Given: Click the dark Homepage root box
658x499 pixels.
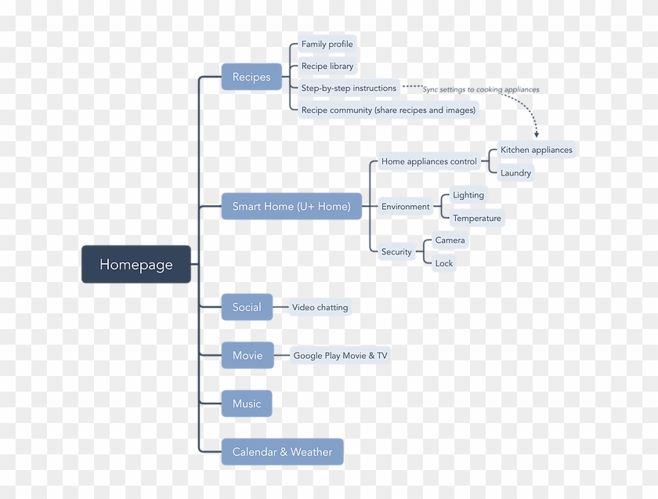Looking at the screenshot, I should (136, 264).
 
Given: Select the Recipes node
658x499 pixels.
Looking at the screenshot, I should (251, 77).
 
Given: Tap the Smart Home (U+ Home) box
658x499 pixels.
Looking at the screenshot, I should (291, 207).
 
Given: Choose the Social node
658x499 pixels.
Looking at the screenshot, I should (247, 307).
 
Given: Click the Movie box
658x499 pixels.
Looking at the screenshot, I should (248, 356).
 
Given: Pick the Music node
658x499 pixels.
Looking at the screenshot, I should (247, 403).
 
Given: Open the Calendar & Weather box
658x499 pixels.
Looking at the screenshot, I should (282, 452).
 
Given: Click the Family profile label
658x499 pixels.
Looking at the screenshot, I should (327, 44).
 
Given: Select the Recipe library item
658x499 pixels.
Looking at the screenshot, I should (327, 66).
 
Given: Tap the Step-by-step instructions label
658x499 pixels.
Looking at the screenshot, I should (349, 88).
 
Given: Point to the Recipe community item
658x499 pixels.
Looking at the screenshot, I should (389, 110).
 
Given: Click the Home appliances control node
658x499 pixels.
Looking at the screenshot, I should (428, 161).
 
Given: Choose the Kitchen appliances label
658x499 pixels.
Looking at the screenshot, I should (537, 150).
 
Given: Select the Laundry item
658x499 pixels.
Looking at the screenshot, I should (515, 173).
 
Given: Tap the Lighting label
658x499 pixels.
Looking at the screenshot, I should (468, 195).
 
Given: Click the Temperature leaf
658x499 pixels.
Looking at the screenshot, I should (477, 218).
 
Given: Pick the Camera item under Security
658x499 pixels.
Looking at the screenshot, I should (450, 240).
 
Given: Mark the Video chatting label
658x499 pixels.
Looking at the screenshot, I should (320, 307).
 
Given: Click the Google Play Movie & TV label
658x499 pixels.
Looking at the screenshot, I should (340, 356).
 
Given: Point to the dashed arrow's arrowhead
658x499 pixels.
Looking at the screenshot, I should (537, 135).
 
